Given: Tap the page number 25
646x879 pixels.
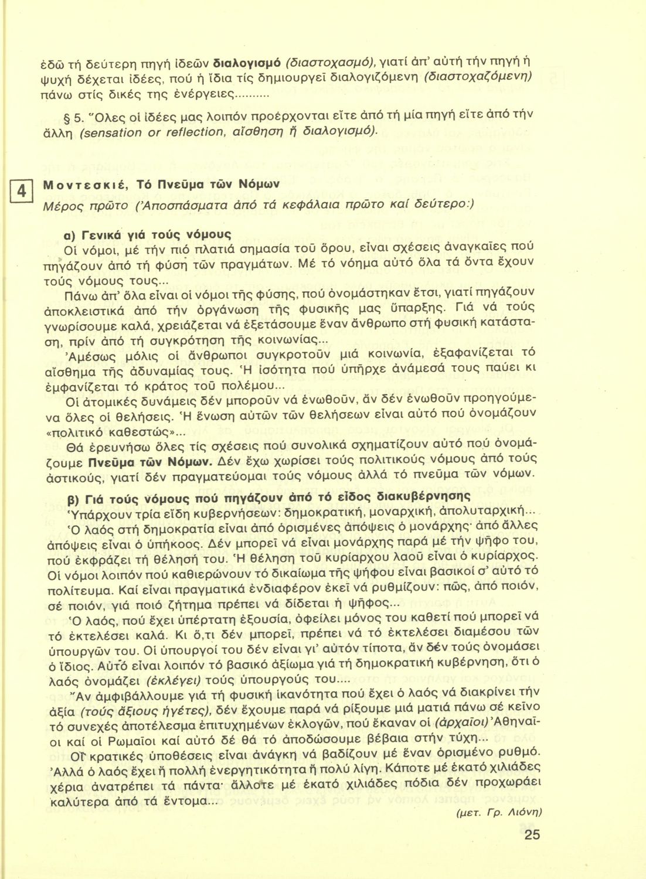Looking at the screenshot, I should tap(532, 834).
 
